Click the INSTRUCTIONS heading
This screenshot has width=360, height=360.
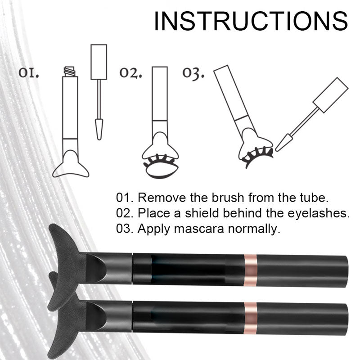click(x=251, y=21)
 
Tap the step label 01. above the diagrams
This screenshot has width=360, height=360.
click(x=29, y=73)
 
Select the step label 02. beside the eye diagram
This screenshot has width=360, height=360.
click(x=130, y=73)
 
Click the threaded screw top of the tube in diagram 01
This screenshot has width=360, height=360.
click(x=70, y=72)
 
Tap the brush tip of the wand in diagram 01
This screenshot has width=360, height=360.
click(x=99, y=129)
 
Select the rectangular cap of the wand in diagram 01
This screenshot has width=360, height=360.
click(x=99, y=62)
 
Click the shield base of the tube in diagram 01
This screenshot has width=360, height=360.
click(x=71, y=164)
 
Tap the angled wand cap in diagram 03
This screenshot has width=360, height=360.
click(x=331, y=95)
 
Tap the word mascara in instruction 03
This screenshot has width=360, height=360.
click(x=199, y=229)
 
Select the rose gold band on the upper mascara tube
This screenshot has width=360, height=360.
click(x=250, y=270)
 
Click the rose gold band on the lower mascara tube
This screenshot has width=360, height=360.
click(x=250, y=318)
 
